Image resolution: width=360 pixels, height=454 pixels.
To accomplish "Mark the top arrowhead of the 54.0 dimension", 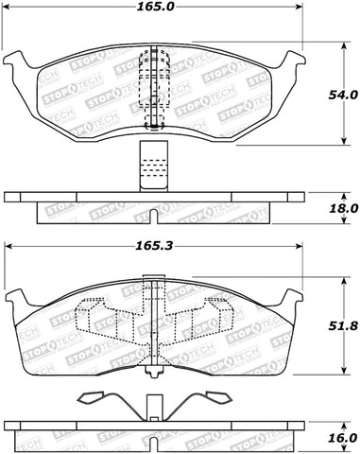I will tap(342, 43).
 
